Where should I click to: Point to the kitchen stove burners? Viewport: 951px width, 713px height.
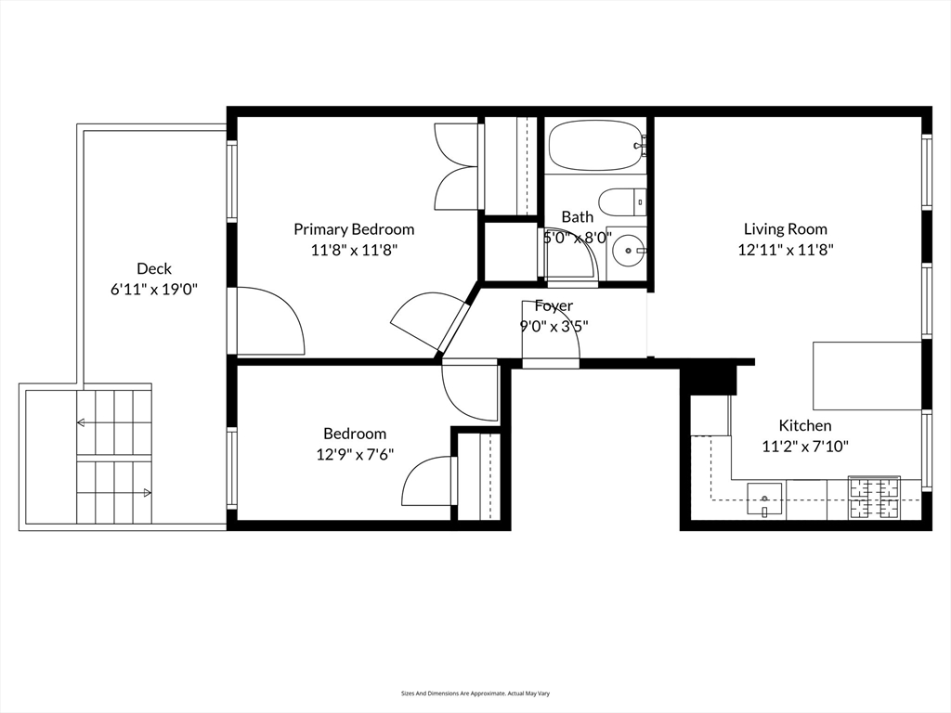(874, 498)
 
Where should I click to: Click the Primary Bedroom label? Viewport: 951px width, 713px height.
(354, 229)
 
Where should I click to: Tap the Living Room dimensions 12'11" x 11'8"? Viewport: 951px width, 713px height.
(785, 249)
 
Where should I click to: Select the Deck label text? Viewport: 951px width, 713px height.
(154, 269)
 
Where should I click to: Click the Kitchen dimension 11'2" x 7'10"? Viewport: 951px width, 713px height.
(805, 446)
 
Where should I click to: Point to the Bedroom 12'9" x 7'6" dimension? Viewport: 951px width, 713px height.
(354, 454)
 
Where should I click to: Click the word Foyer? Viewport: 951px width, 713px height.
(554, 305)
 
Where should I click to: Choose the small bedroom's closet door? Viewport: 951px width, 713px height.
(429, 481)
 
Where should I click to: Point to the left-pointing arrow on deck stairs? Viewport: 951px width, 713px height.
(82, 423)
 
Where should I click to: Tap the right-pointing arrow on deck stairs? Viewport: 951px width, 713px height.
(147, 493)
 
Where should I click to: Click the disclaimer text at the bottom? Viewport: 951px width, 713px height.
(475, 693)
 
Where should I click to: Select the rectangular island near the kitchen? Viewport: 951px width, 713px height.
(866, 375)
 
